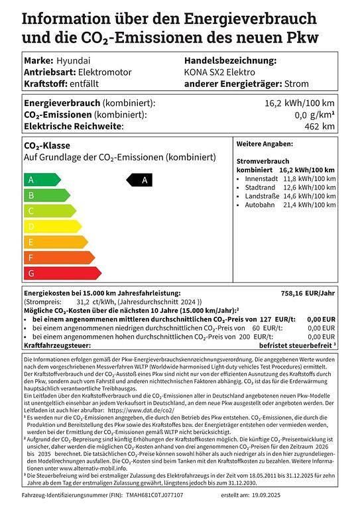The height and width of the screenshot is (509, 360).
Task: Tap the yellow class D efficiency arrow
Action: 49,227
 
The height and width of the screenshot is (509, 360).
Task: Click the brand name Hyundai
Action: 71,60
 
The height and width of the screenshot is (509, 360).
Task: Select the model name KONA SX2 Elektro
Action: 219,72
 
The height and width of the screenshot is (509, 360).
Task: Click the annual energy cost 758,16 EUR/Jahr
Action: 309,292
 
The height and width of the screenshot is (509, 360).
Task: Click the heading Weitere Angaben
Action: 265,143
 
